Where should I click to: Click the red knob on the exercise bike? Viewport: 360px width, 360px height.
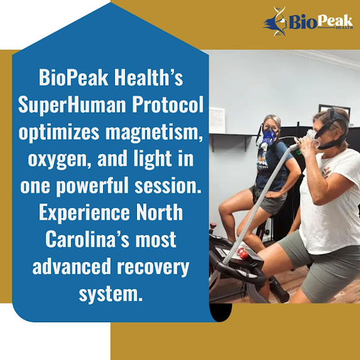click(x=243, y=252)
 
